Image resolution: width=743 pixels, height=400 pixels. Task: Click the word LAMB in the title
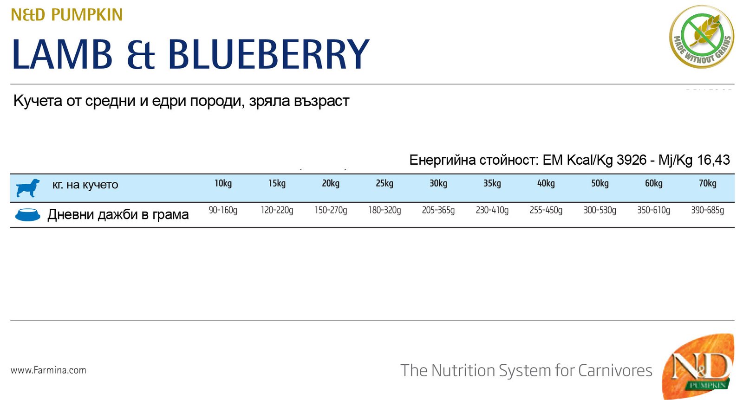coord(62,54)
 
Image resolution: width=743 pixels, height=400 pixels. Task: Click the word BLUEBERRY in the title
coord(269,54)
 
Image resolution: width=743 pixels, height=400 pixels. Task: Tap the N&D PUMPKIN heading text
coord(67,15)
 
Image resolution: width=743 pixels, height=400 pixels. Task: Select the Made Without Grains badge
coord(702,37)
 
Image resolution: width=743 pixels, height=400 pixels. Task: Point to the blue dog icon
coord(28,188)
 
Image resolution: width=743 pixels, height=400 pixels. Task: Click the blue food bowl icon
coord(28,215)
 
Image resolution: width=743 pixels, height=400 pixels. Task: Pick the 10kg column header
coord(223,183)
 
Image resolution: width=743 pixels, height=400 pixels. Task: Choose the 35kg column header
coord(492,183)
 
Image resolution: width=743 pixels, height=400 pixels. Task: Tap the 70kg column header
coord(708,183)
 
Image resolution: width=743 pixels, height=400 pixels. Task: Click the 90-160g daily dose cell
coord(223,210)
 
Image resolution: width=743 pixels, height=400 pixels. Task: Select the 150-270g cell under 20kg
coord(331,210)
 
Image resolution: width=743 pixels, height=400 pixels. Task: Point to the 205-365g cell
coord(438,210)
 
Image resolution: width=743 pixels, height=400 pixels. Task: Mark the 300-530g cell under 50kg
coord(600,210)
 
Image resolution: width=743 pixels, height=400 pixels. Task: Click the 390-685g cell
coord(708,210)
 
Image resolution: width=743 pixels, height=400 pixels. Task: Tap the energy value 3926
coord(632,160)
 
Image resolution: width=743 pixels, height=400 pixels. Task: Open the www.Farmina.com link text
coord(48,370)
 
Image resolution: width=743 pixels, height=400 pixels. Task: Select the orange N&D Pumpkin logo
coord(698,366)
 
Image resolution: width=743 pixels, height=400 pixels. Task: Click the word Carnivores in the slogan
coord(615,370)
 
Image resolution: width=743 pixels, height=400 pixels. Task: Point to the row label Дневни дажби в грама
coord(118,215)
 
